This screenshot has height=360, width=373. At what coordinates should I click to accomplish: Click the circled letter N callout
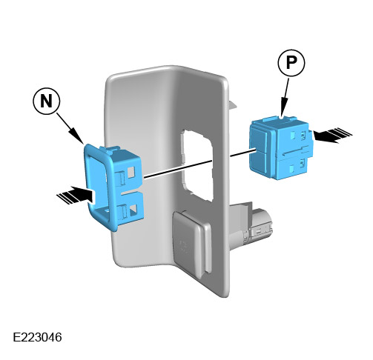click(x=46, y=101)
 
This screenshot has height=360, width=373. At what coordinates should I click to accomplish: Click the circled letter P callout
click(x=291, y=63)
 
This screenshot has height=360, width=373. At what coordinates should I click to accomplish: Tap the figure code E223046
click(x=37, y=337)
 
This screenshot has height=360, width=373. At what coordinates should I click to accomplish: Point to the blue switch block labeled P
click(x=281, y=147)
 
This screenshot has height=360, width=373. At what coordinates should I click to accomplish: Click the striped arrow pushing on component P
click(x=332, y=135)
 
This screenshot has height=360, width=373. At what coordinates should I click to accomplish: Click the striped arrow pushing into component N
click(x=76, y=195)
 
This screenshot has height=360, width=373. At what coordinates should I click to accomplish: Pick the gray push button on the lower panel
click(x=192, y=243)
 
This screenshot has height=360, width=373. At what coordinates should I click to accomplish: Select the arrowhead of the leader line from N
click(x=79, y=137)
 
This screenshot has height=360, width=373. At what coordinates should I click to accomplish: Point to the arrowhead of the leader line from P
click(x=283, y=109)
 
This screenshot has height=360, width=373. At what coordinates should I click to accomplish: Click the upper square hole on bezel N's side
click(x=131, y=172)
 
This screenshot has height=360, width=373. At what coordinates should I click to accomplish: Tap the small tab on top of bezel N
click(x=110, y=149)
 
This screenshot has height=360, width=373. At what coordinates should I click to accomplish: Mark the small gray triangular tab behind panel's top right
click(x=233, y=104)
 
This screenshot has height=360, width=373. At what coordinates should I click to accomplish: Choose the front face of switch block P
click(x=259, y=148)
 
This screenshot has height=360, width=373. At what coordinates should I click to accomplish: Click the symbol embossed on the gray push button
click(x=183, y=246)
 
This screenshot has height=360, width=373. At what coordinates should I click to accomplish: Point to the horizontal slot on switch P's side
click(x=295, y=151)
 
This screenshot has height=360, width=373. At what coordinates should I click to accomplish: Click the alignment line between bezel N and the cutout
click(x=177, y=169)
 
